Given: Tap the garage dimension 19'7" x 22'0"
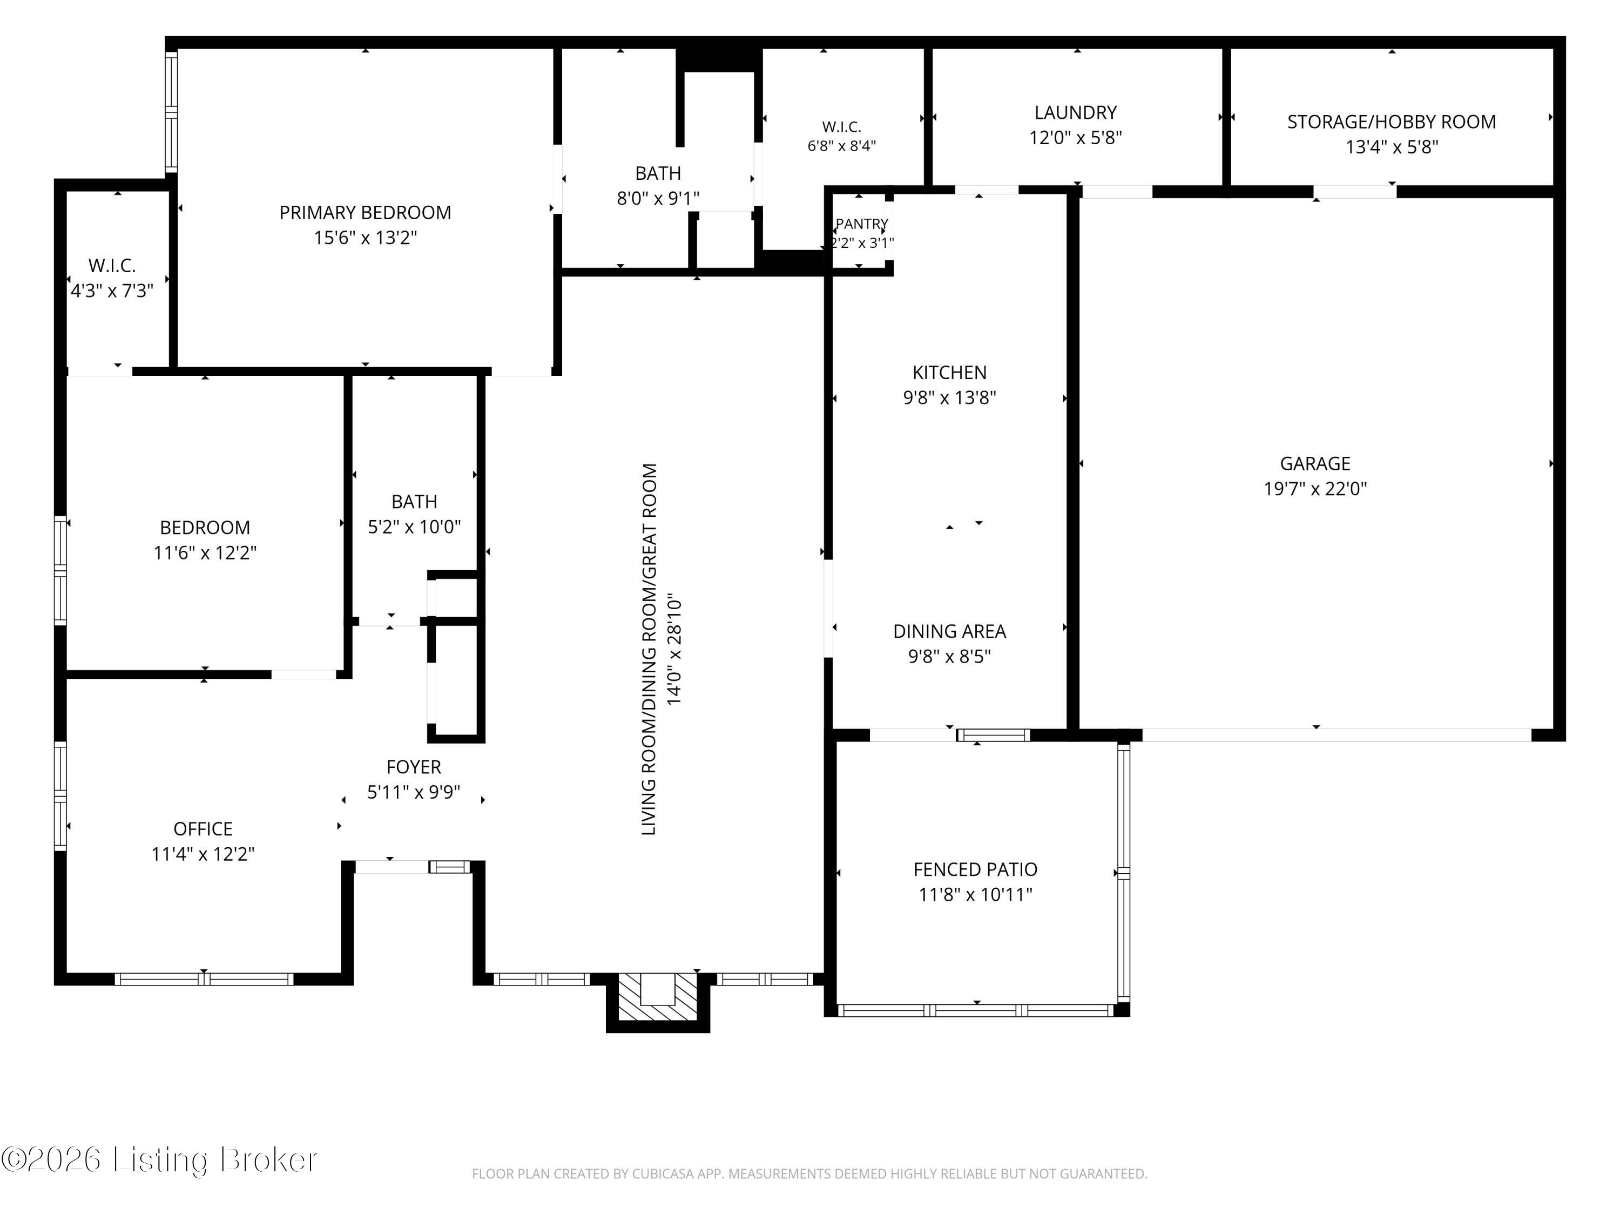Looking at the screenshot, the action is [x=1315, y=489].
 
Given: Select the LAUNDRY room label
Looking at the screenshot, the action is [x=1075, y=113].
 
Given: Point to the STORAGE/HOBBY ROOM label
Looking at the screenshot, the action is [x=1392, y=122].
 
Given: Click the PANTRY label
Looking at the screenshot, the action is [x=862, y=224].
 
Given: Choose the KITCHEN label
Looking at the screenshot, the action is [x=949, y=373].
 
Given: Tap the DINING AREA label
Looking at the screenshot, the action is [x=949, y=631].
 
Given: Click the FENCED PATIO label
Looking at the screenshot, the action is [x=976, y=869].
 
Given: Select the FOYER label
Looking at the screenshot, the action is [x=414, y=767].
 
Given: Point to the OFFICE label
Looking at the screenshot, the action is [x=203, y=829].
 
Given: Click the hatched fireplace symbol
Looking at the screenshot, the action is [x=658, y=997].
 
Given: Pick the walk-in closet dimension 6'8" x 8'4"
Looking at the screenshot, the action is [x=841, y=146].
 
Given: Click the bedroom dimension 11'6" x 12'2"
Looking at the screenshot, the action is [x=205, y=552].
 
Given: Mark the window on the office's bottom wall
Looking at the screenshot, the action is [x=204, y=979].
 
